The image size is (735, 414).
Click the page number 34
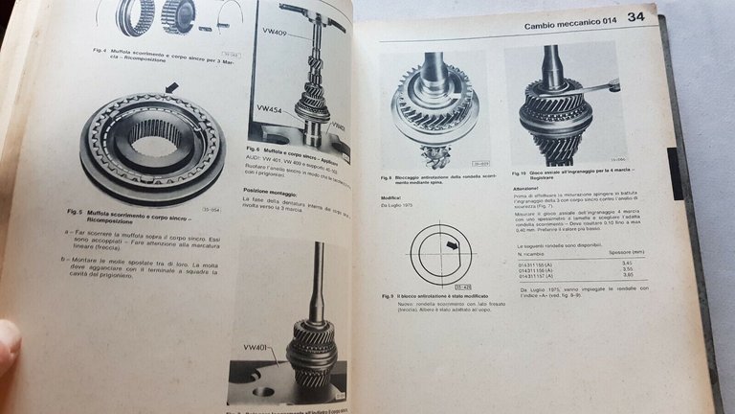[635, 17]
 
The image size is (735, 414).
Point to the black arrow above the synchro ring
[171, 88]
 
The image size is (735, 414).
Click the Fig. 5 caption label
[78, 213]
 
